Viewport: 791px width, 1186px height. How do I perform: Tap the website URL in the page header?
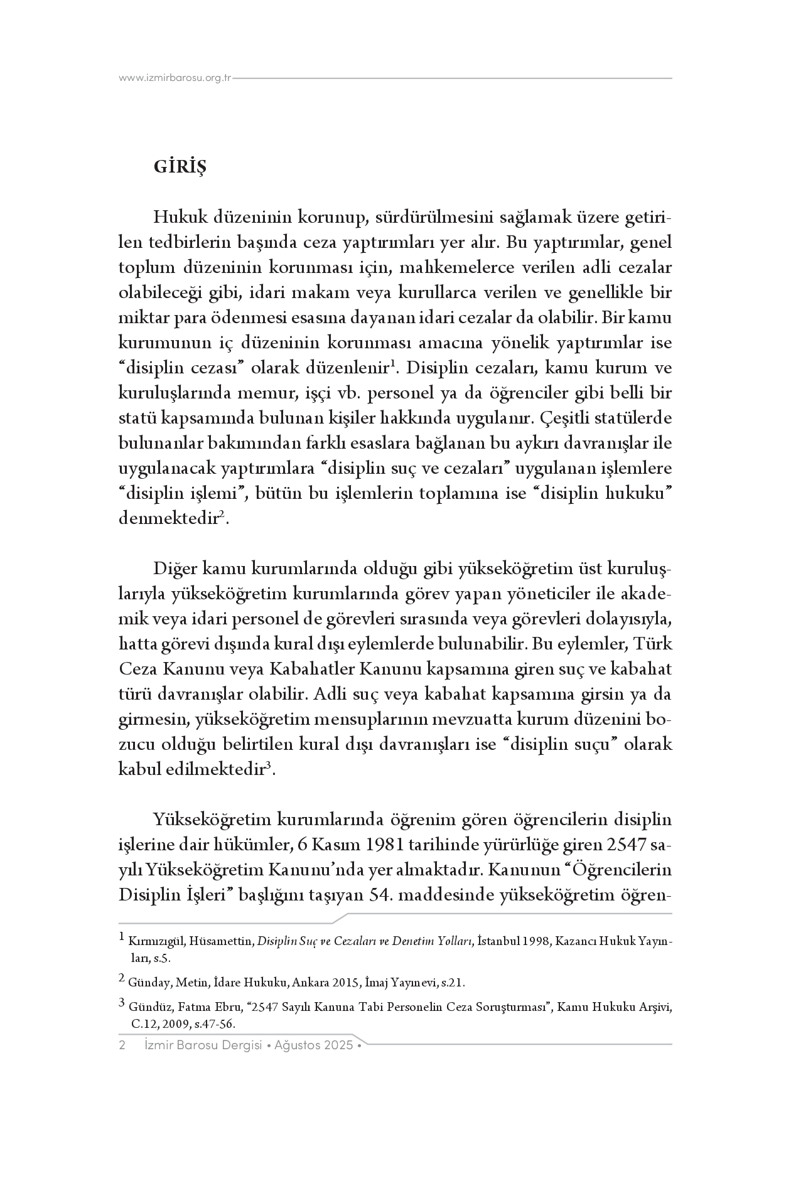175,78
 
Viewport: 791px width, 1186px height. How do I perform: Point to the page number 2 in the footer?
122,1045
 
